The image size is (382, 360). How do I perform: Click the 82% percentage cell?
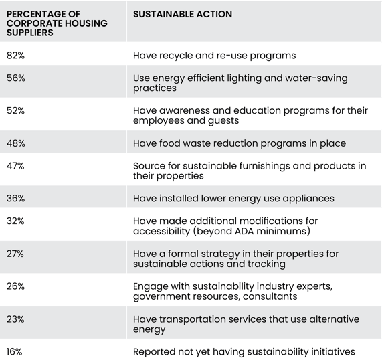pyautogui.click(x=15, y=56)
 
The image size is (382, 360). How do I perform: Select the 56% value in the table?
pyautogui.click(x=16, y=78)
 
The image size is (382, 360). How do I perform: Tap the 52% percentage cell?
pyautogui.click(x=15, y=111)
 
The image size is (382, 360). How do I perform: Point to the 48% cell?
pyautogui.click(x=16, y=143)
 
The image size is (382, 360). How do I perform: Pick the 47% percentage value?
pyautogui.click(x=15, y=166)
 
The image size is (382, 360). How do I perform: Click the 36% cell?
pyautogui.click(x=16, y=199)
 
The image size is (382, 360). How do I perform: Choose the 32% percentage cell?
pyautogui.click(x=15, y=221)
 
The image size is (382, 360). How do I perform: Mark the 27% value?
pyautogui.click(x=15, y=254)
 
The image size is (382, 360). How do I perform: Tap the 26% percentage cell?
pyautogui.click(x=15, y=286)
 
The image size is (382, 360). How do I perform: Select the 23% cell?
pyautogui.click(x=15, y=319)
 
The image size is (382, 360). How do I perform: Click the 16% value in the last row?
pyautogui.click(x=14, y=352)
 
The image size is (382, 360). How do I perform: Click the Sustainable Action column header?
pyautogui.click(x=183, y=14)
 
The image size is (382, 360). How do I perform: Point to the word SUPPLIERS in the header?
pyautogui.click(x=30, y=33)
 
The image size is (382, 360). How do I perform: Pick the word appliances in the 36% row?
pyautogui.click(x=308, y=199)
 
